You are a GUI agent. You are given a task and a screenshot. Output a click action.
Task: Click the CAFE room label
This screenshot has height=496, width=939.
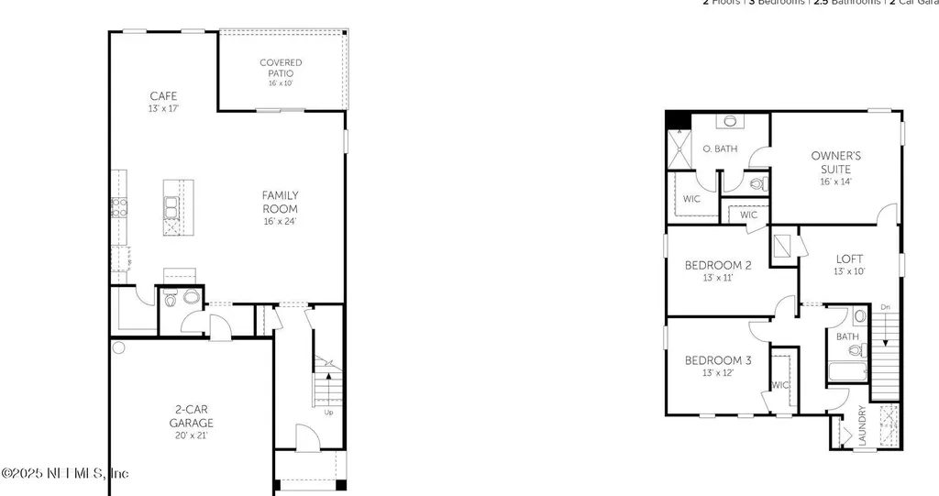point(163,95)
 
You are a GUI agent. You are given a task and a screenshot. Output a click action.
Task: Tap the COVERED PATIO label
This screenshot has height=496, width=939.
point(280,68)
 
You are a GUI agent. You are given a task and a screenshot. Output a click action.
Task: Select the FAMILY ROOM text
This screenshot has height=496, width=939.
point(280,202)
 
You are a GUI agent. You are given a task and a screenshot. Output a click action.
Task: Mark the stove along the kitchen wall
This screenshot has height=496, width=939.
point(117,207)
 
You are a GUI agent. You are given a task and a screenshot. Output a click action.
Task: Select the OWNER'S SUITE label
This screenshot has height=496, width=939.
point(835,162)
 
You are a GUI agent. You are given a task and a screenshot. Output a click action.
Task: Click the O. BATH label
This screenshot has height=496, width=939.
point(720,149)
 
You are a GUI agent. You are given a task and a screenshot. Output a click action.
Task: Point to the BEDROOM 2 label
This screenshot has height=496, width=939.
point(718,265)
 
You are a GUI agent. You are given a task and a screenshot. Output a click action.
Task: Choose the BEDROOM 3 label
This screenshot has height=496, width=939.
point(718,360)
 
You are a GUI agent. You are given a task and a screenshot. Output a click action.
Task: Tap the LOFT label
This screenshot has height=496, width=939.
point(849,259)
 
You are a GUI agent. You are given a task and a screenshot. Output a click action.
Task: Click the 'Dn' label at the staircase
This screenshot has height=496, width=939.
point(884,307)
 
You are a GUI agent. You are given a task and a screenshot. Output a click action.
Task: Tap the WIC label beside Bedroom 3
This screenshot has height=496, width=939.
point(781,385)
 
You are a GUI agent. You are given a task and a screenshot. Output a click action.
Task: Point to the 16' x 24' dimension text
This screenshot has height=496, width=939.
point(280,221)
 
